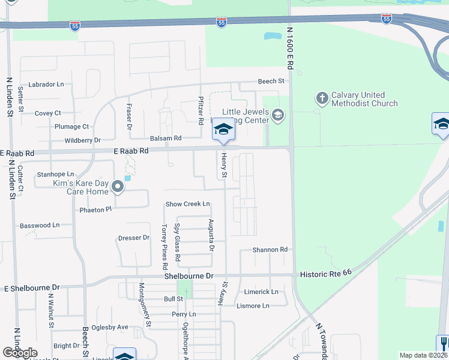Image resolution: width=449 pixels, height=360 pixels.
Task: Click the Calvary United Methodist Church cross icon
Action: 322,97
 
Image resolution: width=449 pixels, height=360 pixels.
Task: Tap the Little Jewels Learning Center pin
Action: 277,115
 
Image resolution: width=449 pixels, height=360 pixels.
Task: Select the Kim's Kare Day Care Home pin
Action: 118,187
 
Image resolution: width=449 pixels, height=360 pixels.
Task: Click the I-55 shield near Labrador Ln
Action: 74,27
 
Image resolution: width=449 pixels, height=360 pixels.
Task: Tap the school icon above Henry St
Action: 223,130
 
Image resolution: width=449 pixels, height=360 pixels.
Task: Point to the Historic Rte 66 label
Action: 328,273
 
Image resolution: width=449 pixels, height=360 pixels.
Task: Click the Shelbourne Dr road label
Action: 190,276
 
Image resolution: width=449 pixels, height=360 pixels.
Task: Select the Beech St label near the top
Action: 271,81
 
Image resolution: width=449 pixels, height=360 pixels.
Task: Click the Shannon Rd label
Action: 270,250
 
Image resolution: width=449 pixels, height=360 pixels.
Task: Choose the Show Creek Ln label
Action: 188,204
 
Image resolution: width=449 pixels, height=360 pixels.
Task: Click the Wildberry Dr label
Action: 83,140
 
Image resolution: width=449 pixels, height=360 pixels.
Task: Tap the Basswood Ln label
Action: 40,226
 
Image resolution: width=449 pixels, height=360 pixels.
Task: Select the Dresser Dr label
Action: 133,238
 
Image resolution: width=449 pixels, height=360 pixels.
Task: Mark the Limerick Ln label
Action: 261,292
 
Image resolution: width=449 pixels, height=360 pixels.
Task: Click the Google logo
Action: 20,353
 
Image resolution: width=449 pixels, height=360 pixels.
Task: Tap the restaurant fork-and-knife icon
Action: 443,343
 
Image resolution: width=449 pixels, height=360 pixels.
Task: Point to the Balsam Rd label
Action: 166,138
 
